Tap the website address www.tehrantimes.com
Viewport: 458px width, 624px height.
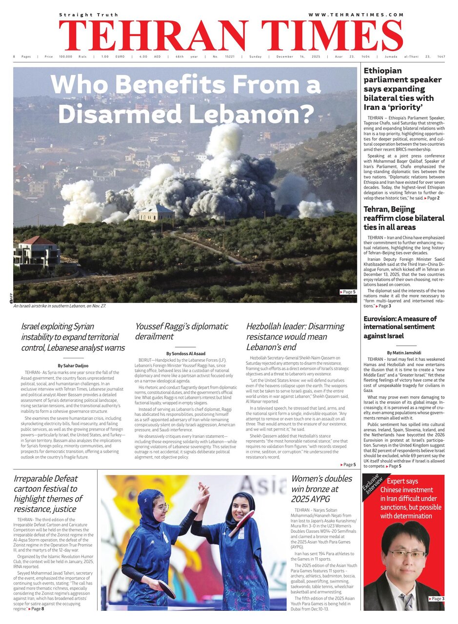pos(356,15)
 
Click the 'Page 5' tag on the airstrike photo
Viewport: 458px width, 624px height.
pos(348,292)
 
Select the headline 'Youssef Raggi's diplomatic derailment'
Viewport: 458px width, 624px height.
pos(181,331)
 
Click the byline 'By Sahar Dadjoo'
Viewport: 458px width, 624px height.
pos(74,365)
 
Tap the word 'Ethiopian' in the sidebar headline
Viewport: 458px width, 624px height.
pos(383,71)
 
